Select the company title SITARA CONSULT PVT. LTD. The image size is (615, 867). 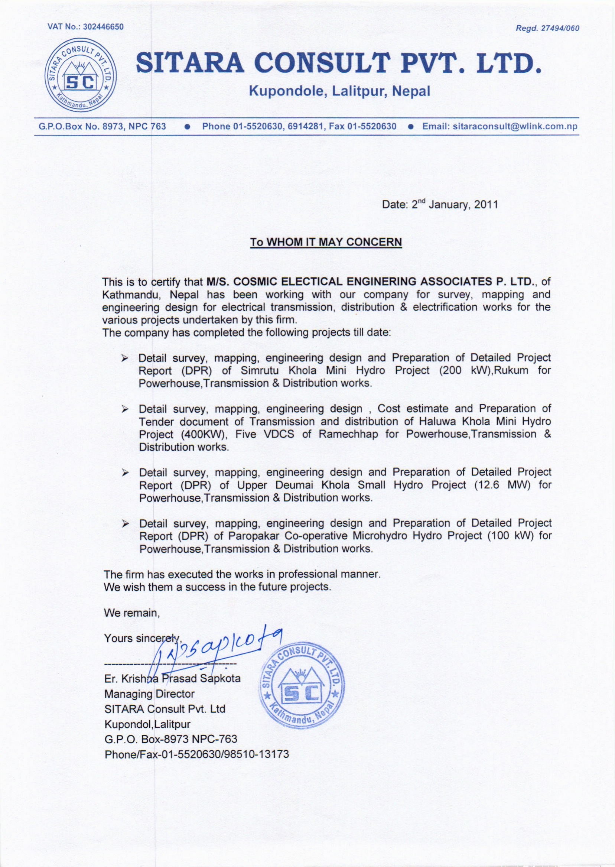tap(338, 64)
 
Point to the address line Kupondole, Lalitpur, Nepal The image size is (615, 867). tap(339, 92)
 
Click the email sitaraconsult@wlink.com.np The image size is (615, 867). tap(500, 126)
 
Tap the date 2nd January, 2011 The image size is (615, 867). tap(455, 205)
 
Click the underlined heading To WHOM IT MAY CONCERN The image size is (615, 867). tap(326, 242)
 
